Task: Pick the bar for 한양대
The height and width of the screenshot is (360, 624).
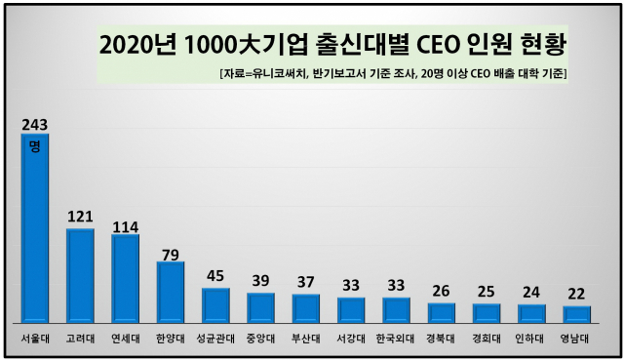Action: [x=171, y=292]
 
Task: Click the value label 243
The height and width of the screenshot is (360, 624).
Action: [x=35, y=124]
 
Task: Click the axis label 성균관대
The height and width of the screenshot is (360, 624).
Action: [x=215, y=341]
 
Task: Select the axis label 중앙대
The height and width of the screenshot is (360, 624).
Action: [x=260, y=341]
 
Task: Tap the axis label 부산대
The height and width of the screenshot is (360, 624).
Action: [x=305, y=341]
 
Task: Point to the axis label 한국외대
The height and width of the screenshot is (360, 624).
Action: [x=396, y=341]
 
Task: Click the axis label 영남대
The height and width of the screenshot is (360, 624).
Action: [x=577, y=341]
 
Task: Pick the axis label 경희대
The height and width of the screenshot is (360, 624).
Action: [x=487, y=341]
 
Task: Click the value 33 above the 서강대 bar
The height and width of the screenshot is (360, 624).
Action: [x=351, y=287]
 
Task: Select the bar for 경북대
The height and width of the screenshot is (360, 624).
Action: [x=442, y=312]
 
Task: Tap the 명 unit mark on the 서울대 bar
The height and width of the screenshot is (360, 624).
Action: [x=35, y=145]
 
